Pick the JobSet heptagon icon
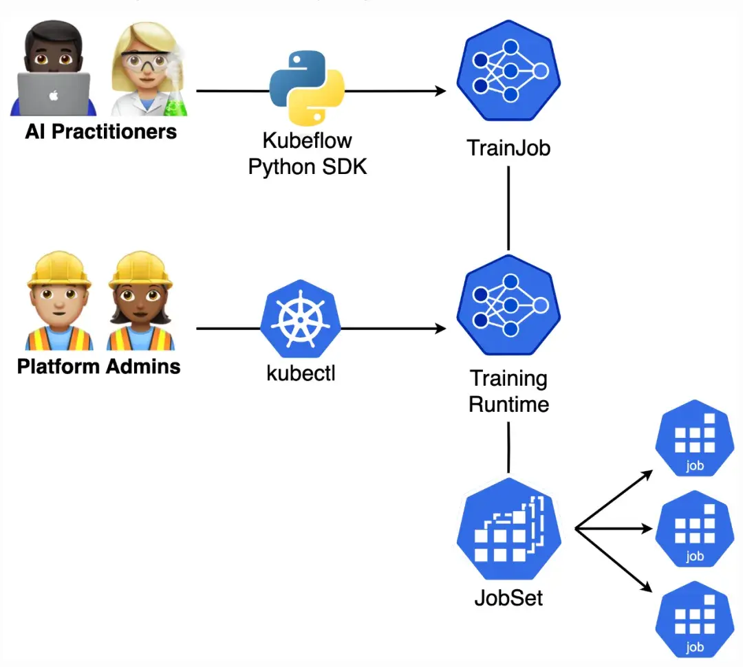pos(508,534)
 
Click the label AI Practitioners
pos(100,131)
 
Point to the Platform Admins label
pos(98,366)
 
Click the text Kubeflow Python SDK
pos(307,153)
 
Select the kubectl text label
pos(301,375)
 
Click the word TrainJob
pos(508,147)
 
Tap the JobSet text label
pos(508,597)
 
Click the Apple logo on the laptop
pos(54,94)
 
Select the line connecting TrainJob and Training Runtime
pos(508,206)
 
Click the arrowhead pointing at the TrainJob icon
pos(440,91)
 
